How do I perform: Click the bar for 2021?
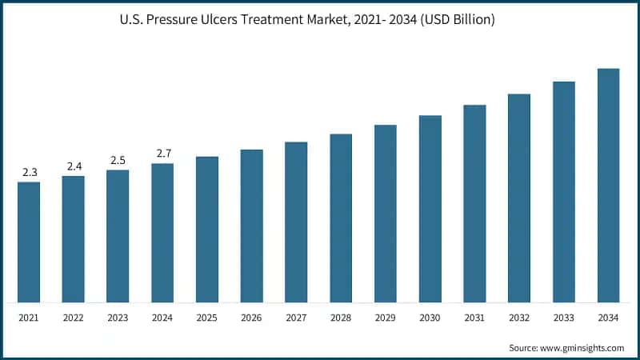[29, 242]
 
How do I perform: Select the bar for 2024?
[162, 233]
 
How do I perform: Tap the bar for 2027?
[296, 222]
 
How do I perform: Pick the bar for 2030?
[430, 209]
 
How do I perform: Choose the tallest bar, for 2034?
[609, 186]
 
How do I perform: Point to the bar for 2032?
[519, 198]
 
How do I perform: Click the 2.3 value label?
[29, 172]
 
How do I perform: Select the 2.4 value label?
[74, 166]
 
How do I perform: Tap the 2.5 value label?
[118, 160]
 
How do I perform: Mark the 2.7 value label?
[162, 153]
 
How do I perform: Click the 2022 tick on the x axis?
[74, 318]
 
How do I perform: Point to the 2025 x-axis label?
[207, 318]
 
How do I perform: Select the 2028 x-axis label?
[341, 318]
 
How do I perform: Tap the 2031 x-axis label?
[474, 318]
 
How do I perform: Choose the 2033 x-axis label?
[564, 318]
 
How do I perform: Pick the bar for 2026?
[252, 226]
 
